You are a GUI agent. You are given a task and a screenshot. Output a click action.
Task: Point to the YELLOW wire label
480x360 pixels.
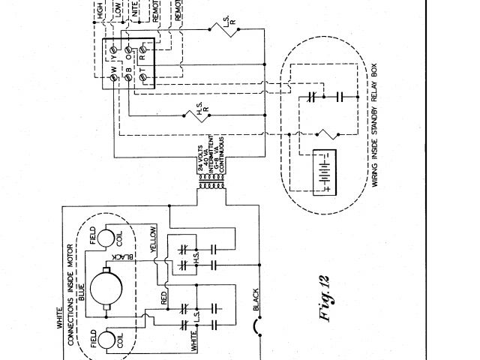(154, 238)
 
